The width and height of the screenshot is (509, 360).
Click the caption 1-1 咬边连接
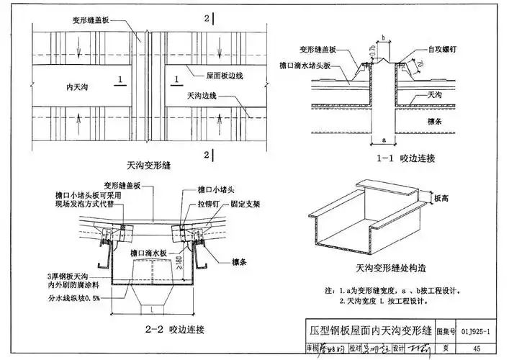(397, 157)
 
